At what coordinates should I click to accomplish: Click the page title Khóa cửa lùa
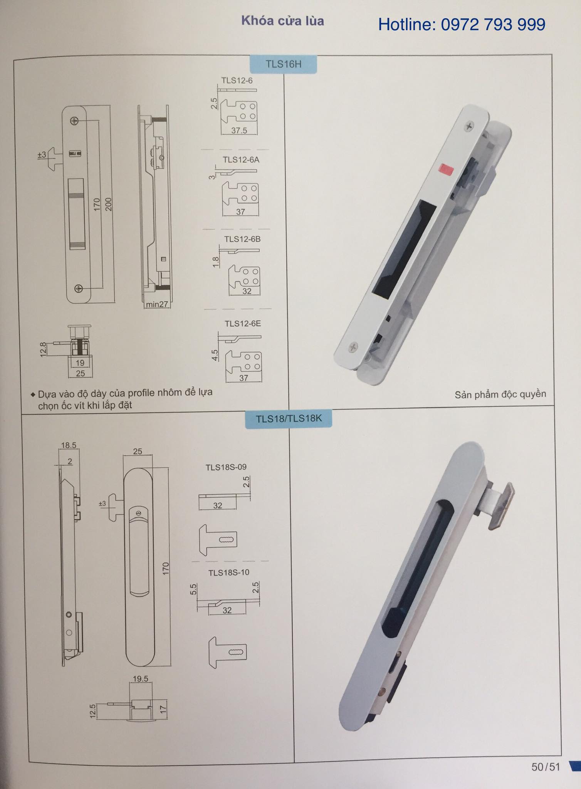(x=282, y=21)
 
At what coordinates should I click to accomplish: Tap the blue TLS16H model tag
(x=284, y=64)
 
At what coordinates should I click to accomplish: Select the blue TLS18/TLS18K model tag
(x=289, y=418)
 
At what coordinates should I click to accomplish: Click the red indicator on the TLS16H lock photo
(x=447, y=168)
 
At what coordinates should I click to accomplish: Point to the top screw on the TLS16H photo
(x=469, y=126)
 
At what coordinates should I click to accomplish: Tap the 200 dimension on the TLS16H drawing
(x=108, y=204)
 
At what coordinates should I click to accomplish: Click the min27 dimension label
(x=157, y=304)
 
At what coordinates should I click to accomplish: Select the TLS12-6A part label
(x=241, y=159)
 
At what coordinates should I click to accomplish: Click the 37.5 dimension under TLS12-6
(x=239, y=131)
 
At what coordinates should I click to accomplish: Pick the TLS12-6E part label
(x=243, y=323)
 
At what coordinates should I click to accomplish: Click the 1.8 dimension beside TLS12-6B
(x=216, y=262)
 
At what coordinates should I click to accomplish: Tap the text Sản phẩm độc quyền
(x=500, y=394)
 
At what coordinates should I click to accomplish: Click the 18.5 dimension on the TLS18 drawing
(x=69, y=445)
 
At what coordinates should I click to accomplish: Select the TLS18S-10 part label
(x=229, y=572)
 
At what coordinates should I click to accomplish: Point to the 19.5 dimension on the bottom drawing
(x=140, y=678)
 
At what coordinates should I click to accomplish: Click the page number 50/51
(x=546, y=767)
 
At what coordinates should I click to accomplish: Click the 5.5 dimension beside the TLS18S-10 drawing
(x=193, y=589)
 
